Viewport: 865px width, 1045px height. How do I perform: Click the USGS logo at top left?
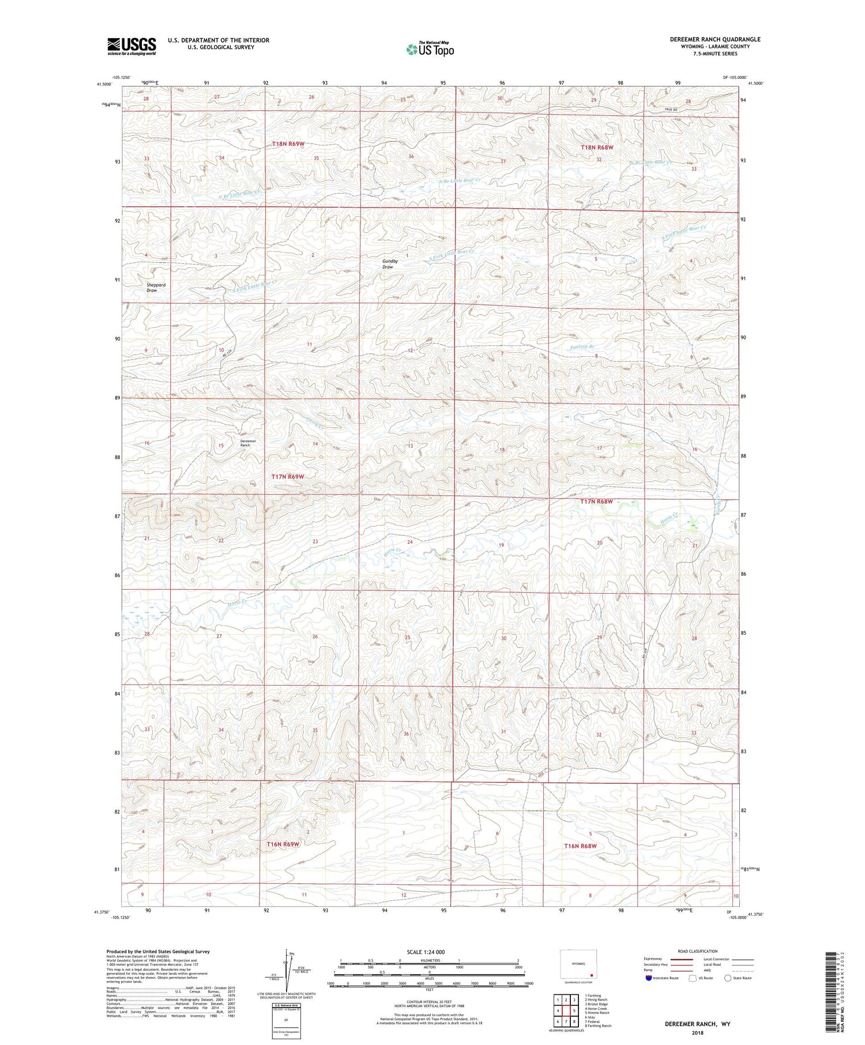(x=131, y=46)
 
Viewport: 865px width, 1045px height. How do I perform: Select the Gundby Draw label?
(x=390, y=264)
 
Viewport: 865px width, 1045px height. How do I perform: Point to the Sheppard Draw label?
(x=156, y=288)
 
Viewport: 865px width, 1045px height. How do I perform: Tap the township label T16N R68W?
(x=580, y=846)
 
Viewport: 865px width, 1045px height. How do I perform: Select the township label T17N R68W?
(x=596, y=501)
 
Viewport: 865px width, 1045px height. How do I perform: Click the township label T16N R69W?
(x=283, y=844)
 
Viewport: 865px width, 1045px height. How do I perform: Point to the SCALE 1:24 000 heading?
(x=427, y=952)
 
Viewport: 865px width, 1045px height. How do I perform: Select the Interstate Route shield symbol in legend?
(x=648, y=978)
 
